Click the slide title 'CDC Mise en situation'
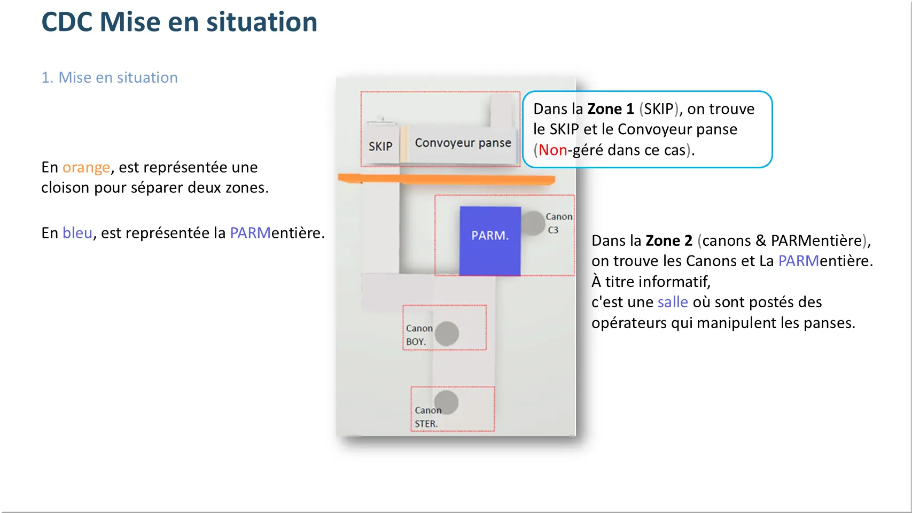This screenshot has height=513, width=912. (179, 22)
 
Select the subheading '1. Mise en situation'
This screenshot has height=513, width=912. (110, 77)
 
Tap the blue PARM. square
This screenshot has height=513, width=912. (490, 241)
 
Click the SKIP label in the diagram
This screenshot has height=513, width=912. (380, 146)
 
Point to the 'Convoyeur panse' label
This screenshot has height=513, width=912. (463, 143)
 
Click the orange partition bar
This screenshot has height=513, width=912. (446, 179)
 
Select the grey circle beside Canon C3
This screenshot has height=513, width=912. (533, 223)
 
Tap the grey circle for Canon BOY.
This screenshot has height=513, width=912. (447, 334)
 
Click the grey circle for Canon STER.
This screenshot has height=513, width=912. (446, 403)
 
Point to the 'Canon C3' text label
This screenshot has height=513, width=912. (559, 223)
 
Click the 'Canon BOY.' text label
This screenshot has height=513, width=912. (419, 335)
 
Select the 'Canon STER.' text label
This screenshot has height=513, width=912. (428, 417)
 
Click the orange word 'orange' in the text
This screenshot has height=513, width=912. (86, 167)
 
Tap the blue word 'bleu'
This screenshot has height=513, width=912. (77, 233)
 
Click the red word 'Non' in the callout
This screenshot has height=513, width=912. (552, 150)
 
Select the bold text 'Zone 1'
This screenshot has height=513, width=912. (611, 108)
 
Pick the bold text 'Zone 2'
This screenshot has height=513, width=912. (669, 240)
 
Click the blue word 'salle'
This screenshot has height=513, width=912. (673, 302)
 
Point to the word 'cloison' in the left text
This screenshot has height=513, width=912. (66, 188)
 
